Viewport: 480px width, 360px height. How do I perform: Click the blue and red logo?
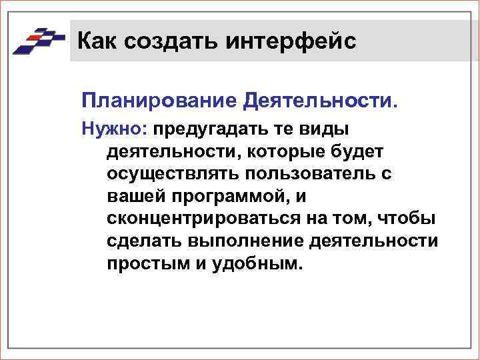(x=38, y=41)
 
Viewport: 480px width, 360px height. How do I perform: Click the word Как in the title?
(x=96, y=41)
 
